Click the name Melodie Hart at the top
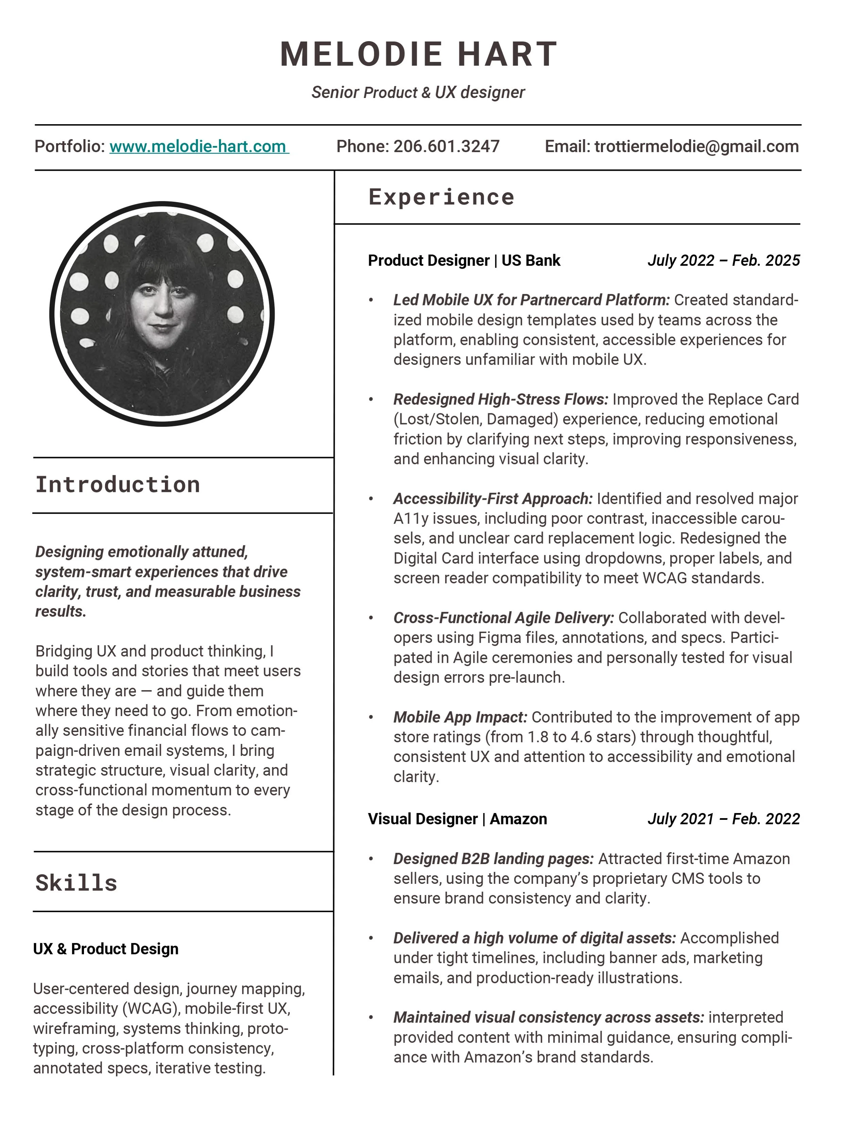coord(419,54)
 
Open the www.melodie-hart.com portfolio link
coord(199,147)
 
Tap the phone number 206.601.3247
coord(446,147)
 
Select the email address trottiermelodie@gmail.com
coord(696,147)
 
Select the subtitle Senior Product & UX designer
coord(418,93)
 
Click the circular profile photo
coord(162,314)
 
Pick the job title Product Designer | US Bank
coord(463,261)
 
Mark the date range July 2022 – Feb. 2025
coord(723,261)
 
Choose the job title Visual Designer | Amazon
coord(457,819)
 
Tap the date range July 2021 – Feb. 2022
coord(723,819)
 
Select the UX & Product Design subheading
coord(106,949)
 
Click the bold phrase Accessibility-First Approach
coord(493,499)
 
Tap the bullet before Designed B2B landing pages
coord(371,859)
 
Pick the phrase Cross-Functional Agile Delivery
coord(503,618)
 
